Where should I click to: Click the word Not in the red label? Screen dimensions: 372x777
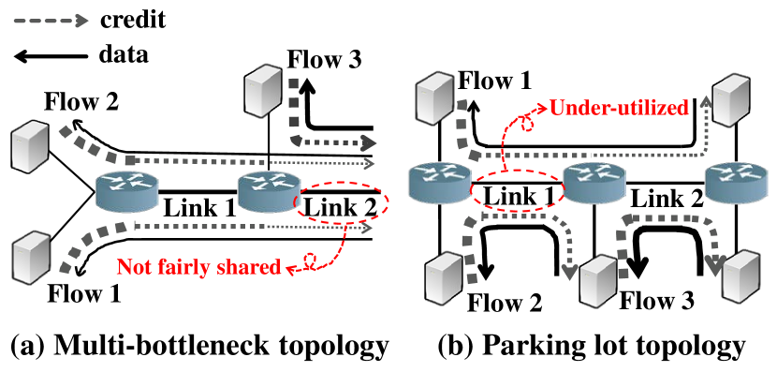click(133, 267)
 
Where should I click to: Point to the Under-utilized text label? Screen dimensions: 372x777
click(619, 108)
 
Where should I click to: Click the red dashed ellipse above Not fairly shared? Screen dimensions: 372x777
click(343, 202)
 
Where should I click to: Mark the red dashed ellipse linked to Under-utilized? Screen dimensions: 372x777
click(517, 188)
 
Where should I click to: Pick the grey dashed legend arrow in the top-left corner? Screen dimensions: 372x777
click(51, 20)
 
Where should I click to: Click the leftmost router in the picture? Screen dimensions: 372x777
click(126, 191)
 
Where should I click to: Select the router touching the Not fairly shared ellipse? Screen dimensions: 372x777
click(269, 191)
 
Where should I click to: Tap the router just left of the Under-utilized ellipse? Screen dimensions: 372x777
click(440, 183)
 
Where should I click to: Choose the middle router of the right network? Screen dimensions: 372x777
click(593, 183)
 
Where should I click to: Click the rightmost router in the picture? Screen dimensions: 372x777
click(736, 183)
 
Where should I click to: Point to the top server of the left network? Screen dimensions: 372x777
click(263, 90)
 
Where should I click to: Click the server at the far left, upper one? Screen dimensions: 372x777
click(30, 145)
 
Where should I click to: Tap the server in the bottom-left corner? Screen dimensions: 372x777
click(31, 259)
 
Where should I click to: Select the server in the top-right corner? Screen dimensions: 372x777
click(731, 97)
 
